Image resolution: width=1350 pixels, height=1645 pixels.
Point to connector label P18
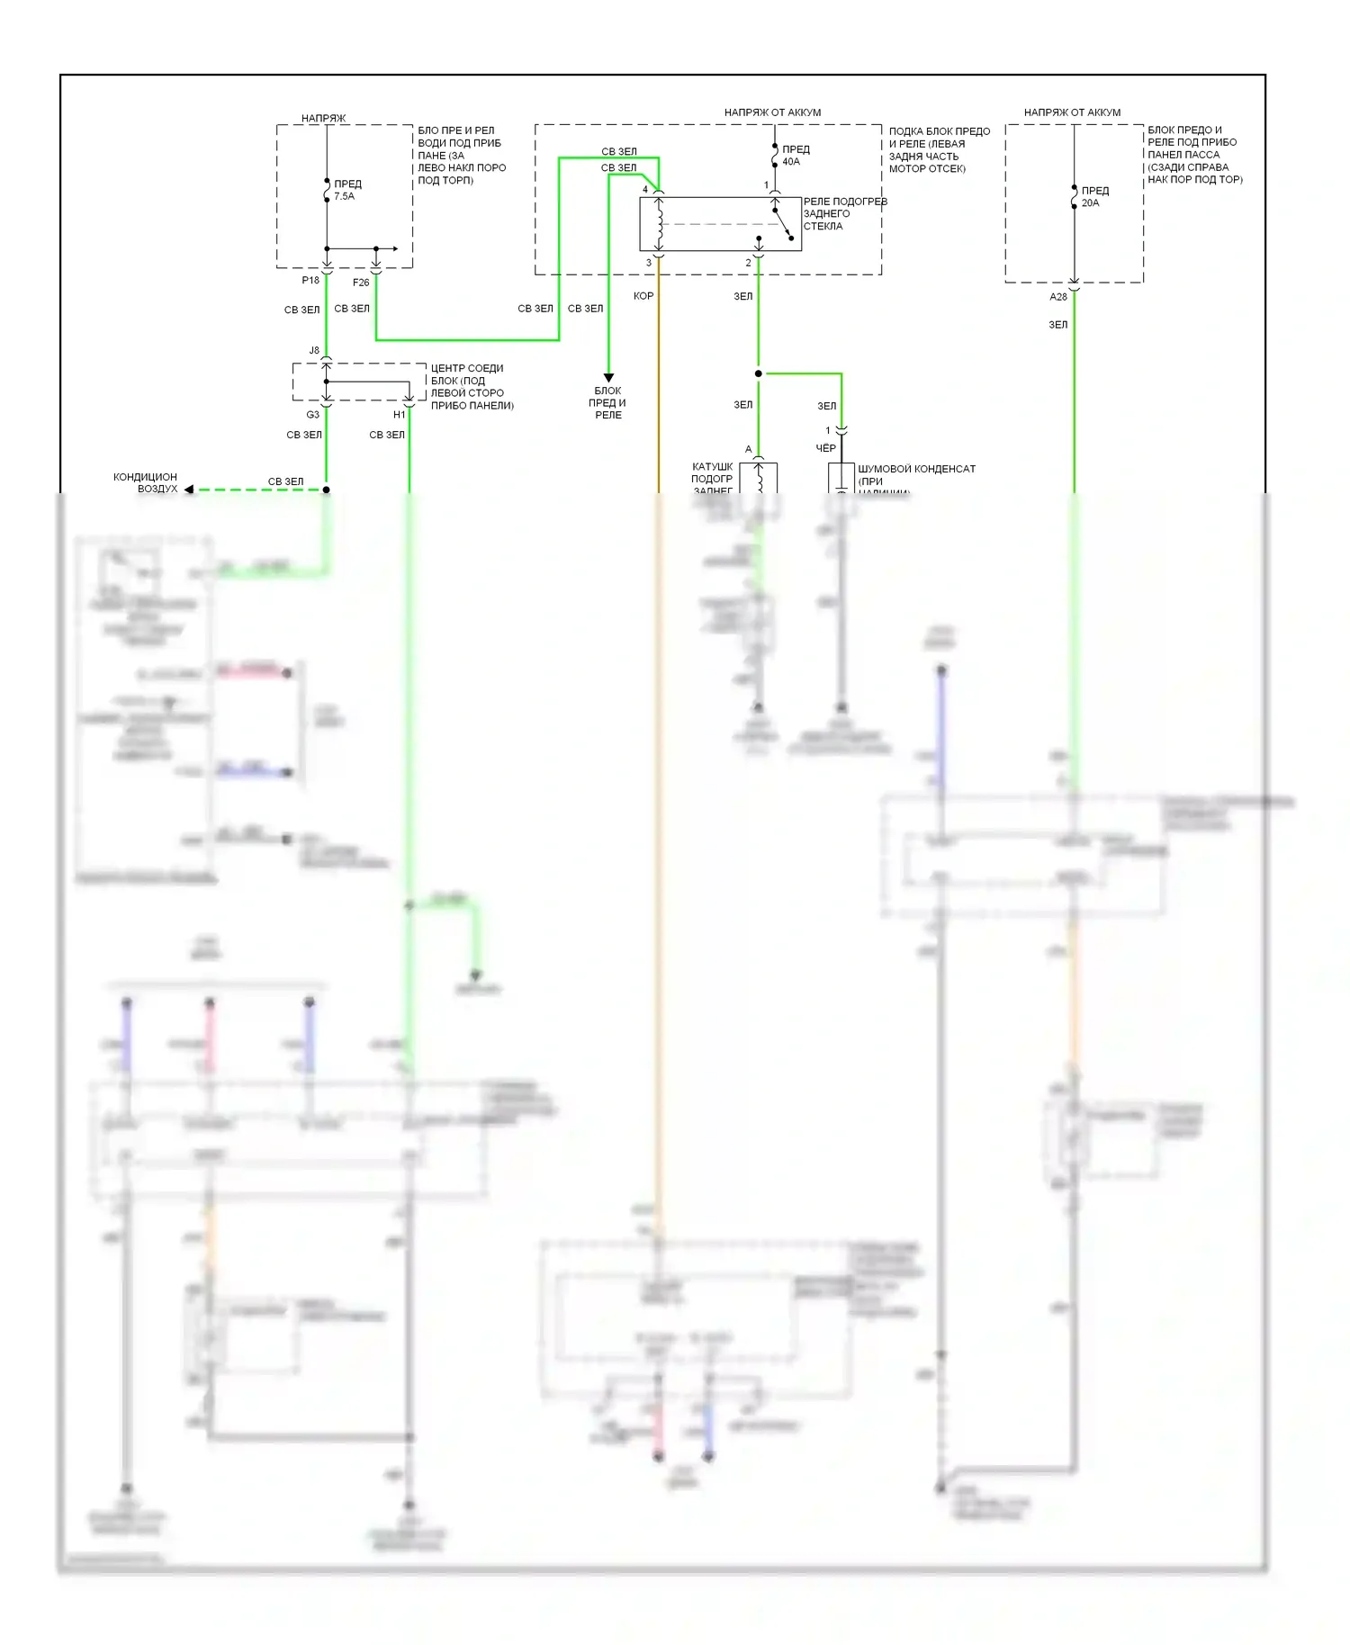tap(310, 281)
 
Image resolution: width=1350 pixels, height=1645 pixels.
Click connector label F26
tap(361, 283)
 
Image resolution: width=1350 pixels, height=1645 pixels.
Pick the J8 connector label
tap(314, 350)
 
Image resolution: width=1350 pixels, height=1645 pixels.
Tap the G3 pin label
tap(312, 415)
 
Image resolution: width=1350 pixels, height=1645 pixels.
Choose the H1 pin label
tap(399, 415)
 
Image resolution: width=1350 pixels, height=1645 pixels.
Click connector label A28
tap(1058, 297)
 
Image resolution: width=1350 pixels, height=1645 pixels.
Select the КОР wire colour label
tap(643, 296)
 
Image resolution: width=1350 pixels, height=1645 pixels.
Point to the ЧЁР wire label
tap(825, 448)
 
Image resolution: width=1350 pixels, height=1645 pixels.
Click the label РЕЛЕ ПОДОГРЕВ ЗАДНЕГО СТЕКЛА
tap(844, 214)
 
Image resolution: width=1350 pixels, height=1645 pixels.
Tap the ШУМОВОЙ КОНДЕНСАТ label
tap(916, 469)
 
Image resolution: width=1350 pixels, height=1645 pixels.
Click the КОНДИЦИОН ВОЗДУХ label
tap(146, 483)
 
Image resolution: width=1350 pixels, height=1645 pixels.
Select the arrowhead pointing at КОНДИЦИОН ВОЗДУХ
tap(189, 490)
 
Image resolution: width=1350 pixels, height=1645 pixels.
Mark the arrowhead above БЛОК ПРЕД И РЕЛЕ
tap(608, 378)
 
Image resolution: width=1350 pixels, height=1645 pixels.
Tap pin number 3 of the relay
tap(648, 263)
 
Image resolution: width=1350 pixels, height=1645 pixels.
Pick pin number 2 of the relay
tap(748, 263)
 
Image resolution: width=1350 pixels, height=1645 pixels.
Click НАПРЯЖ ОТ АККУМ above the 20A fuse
tap(1072, 112)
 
